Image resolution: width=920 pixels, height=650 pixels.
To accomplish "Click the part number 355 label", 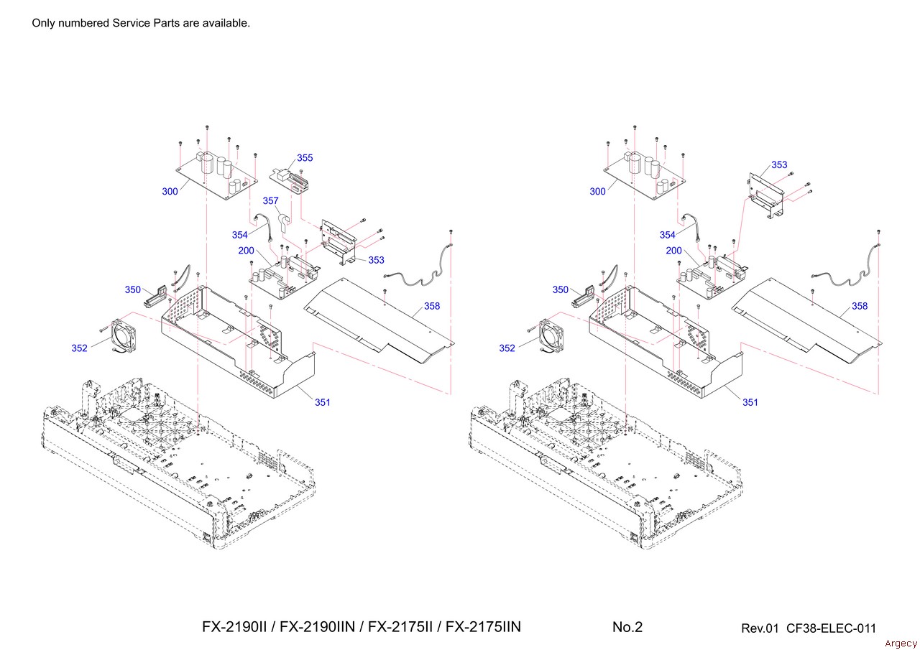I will pyautogui.click(x=305, y=158).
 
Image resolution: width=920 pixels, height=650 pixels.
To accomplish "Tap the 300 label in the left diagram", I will pyautogui.click(x=170, y=192).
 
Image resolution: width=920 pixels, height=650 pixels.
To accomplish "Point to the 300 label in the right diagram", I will pyautogui.click(x=598, y=192).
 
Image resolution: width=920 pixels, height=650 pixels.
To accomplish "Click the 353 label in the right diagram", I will pyautogui.click(x=779, y=165).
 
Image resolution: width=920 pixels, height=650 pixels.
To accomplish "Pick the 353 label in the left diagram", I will pyautogui.click(x=376, y=260).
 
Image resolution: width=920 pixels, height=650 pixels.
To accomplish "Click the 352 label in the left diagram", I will pyautogui.click(x=79, y=348).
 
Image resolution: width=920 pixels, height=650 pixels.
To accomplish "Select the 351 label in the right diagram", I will pyautogui.click(x=750, y=402).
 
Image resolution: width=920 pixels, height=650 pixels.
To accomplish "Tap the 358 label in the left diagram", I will pyautogui.click(x=432, y=306).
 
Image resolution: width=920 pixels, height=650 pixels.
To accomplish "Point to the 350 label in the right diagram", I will pyautogui.click(x=561, y=290).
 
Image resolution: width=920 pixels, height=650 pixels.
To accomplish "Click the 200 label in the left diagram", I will pyautogui.click(x=247, y=251).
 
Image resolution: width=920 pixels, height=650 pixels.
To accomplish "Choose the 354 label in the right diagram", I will pyautogui.click(x=668, y=235).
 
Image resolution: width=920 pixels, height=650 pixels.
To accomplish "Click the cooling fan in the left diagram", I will pyautogui.click(x=119, y=334).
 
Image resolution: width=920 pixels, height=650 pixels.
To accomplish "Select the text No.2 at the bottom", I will pyautogui.click(x=627, y=627).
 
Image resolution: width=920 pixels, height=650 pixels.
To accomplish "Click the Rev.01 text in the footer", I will pyautogui.click(x=760, y=628).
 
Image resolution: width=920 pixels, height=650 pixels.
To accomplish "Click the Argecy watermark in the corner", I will pyautogui.click(x=901, y=643).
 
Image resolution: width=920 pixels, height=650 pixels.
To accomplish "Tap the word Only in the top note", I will pyautogui.click(x=43, y=23).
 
